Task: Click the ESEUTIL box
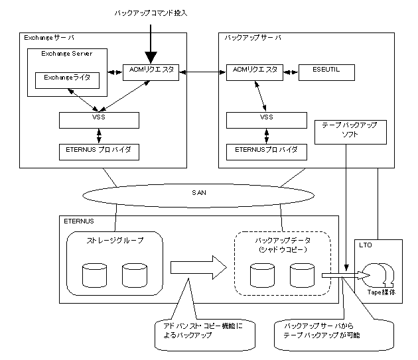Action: tap(326, 72)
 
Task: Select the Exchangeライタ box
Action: tap(67, 80)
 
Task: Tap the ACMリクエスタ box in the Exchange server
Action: tap(151, 72)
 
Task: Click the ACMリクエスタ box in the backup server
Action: tap(255, 72)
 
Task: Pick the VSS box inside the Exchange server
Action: tap(99, 120)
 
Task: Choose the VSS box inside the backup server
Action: tap(267, 120)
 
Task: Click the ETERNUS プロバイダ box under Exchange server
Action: tap(99, 152)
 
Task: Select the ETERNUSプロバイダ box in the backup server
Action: tap(267, 152)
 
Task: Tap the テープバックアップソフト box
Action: tap(350, 132)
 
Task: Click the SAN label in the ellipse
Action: tap(199, 193)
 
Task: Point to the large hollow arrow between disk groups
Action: tap(198, 268)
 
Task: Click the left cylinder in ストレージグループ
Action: tap(95, 275)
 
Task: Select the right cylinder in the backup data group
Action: tap(302, 275)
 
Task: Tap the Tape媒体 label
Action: tap(382, 292)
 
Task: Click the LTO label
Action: tap(365, 245)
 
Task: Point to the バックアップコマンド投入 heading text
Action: tap(151, 13)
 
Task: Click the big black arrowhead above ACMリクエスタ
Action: tap(151, 57)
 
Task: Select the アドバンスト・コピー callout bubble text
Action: tap(203, 330)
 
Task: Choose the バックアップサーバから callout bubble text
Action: tap(322, 330)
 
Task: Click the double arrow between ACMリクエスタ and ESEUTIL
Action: tap(291, 72)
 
